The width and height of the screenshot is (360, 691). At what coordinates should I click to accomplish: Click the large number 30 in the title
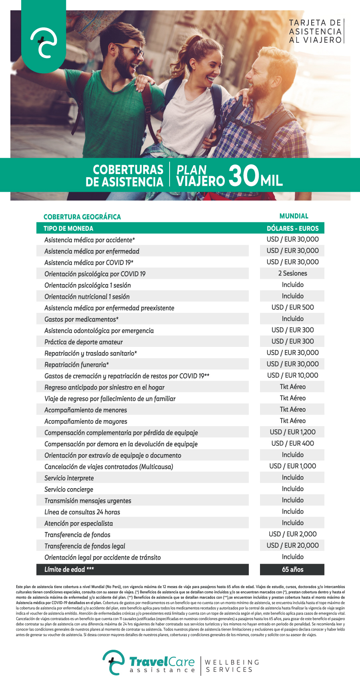click(244, 176)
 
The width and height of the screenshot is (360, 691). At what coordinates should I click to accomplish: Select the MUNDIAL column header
click(294, 216)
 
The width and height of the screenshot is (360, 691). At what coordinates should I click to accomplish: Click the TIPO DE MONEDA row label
click(68, 228)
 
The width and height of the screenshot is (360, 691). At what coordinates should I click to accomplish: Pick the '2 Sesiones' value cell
click(292, 273)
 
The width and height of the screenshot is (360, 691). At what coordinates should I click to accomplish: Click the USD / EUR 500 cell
click(292, 307)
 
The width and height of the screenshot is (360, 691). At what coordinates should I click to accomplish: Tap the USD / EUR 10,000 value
click(292, 375)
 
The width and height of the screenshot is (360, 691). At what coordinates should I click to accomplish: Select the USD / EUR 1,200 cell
click(292, 432)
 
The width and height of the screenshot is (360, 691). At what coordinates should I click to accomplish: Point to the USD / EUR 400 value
click(292, 443)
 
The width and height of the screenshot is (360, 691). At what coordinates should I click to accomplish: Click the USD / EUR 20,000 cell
click(292, 545)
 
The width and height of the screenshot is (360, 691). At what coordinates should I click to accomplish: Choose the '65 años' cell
click(292, 569)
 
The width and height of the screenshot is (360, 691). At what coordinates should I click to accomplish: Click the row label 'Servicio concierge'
click(69, 489)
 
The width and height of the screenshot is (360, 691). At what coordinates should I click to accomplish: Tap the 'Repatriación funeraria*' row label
click(77, 365)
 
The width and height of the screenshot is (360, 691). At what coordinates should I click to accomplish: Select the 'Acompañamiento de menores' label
click(86, 410)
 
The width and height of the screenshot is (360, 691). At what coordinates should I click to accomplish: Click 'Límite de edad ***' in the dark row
click(69, 569)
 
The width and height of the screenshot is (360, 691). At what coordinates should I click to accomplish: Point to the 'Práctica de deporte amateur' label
click(84, 342)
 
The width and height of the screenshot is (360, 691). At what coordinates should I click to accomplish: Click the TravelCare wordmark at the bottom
click(162, 663)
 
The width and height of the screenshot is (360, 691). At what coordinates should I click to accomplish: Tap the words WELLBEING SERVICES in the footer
click(232, 666)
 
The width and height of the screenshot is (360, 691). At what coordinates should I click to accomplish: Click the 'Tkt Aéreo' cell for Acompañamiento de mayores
click(292, 421)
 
